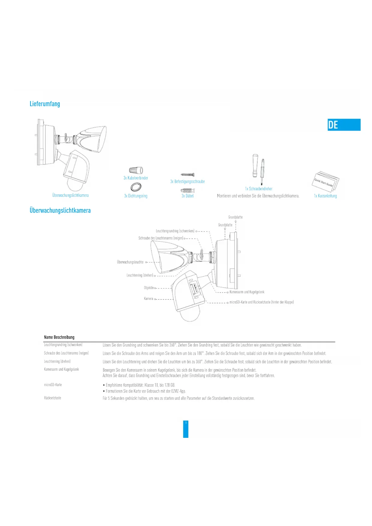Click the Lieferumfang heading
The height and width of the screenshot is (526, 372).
coord(45,104)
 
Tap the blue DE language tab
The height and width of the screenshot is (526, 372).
coord(344,125)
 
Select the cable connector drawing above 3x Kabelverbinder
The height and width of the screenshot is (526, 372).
coord(136,170)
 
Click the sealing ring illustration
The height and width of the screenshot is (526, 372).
coord(136,187)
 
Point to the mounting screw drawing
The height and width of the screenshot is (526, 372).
coord(188,175)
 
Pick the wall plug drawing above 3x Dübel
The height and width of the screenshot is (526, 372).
coord(188,190)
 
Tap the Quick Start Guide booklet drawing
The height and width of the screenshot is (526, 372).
coord(326,181)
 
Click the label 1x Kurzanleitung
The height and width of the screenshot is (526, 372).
coord(325,196)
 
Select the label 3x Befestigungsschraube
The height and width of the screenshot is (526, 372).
coord(187,181)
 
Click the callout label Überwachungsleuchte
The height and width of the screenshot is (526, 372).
coord(130,262)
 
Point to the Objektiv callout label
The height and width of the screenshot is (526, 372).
coord(149,288)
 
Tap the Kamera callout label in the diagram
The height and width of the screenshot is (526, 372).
coord(148,299)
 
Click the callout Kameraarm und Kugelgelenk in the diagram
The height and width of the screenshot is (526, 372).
coord(247,292)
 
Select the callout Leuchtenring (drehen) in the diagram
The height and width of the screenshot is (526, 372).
coord(140,275)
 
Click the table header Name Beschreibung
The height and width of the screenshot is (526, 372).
coord(59,337)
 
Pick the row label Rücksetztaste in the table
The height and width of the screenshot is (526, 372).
coord(52,398)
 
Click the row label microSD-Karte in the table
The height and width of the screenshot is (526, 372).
coord(53,385)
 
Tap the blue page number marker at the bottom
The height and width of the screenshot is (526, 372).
coord(186,429)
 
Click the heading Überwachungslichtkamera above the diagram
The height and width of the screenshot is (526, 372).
coord(60,211)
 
